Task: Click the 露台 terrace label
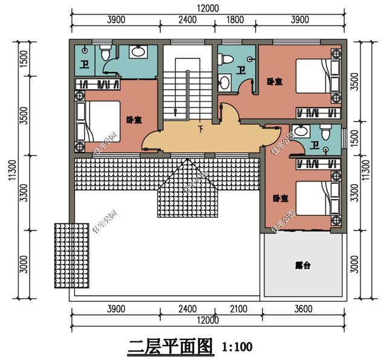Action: coord(302,265)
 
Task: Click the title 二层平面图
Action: coord(171,347)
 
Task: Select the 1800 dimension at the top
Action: coord(235,19)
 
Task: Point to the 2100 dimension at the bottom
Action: coord(239,310)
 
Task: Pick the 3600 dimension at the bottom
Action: coord(303,310)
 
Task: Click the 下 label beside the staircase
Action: coord(200,128)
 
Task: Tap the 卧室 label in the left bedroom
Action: coord(134,120)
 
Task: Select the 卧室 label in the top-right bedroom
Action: coord(275,80)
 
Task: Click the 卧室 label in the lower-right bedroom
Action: coord(280,197)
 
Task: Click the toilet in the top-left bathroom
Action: coord(105,54)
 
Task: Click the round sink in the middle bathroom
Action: coord(224,82)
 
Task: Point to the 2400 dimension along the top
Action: coord(188,19)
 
